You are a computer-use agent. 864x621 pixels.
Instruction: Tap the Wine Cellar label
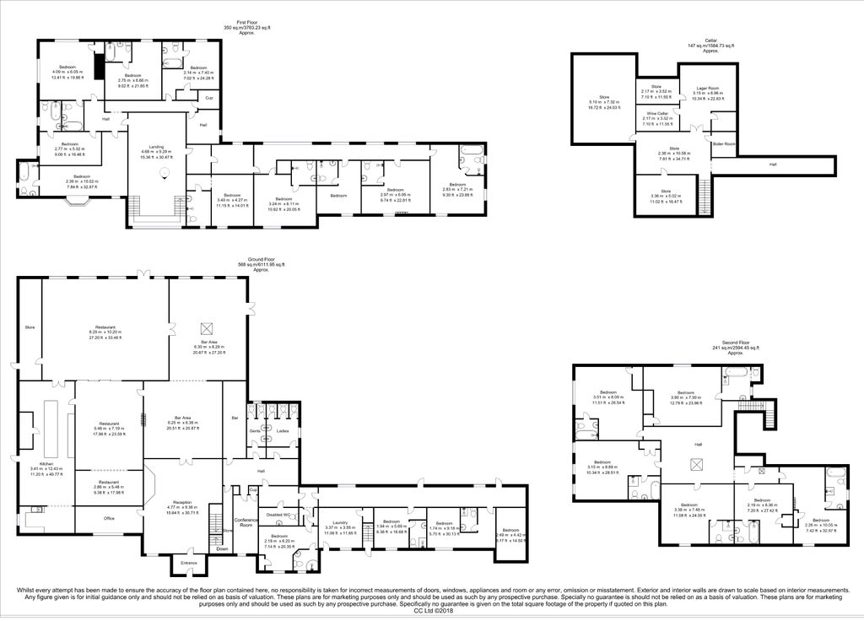(657, 113)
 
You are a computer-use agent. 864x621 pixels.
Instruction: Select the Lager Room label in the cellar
(707, 88)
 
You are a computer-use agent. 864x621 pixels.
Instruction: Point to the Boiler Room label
(724, 143)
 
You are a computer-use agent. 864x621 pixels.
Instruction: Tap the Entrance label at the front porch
(187, 562)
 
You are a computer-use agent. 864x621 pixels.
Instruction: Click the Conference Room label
(246, 521)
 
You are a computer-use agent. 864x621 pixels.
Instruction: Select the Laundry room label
(340, 522)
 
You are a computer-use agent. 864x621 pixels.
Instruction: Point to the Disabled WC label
(278, 516)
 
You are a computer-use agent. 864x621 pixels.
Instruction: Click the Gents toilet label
(254, 430)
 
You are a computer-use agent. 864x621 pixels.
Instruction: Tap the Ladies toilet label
(282, 430)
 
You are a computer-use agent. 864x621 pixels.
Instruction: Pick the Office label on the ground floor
(108, 518)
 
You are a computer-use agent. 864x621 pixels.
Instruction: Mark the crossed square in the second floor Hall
(698, 463)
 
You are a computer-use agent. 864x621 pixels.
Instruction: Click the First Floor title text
(247, 22)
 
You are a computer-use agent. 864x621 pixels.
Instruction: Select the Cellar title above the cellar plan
(710, 39)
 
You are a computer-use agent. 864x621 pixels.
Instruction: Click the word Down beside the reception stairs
(222, 548)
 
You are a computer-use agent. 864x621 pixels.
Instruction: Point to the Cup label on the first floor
(209, 98)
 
